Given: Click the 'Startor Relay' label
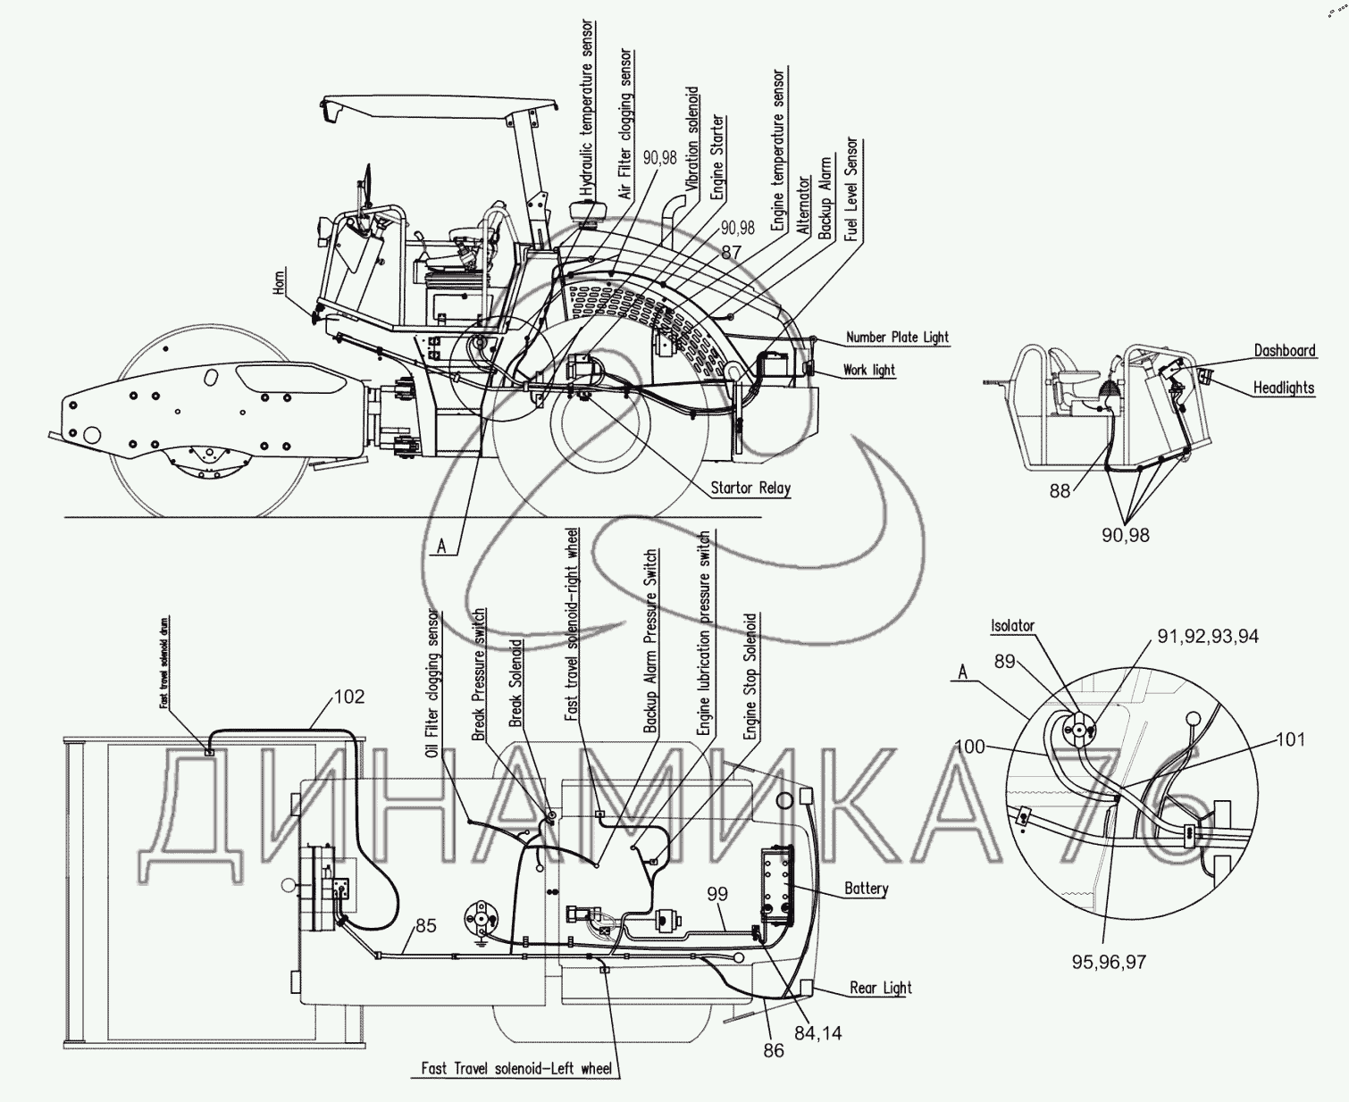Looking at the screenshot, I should coord(750,488).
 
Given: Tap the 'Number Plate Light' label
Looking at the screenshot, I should coord(896,338).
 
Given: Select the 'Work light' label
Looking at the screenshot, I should coord(868,370).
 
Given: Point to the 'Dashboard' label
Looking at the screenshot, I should coord(1284,350).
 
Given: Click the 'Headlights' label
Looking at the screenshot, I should coord(1283,388).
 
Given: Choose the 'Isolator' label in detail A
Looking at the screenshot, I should coord(1011,626).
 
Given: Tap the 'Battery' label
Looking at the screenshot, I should coord(866,889).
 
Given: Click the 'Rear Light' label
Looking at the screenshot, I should coord(880,988).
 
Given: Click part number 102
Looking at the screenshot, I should coord(348,697).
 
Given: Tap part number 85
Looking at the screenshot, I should coord(425,926).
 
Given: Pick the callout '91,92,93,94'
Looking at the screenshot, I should coord(1208,637).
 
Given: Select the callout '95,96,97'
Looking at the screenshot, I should coord(1109,962).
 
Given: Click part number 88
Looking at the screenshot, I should coord(1060,491).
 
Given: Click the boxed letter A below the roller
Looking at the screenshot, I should coord(441,546).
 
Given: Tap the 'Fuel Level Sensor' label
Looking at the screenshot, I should coord(851,189).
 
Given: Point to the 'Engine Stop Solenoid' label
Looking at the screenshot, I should coord(750,676).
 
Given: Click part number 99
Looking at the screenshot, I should coord(717,894).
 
